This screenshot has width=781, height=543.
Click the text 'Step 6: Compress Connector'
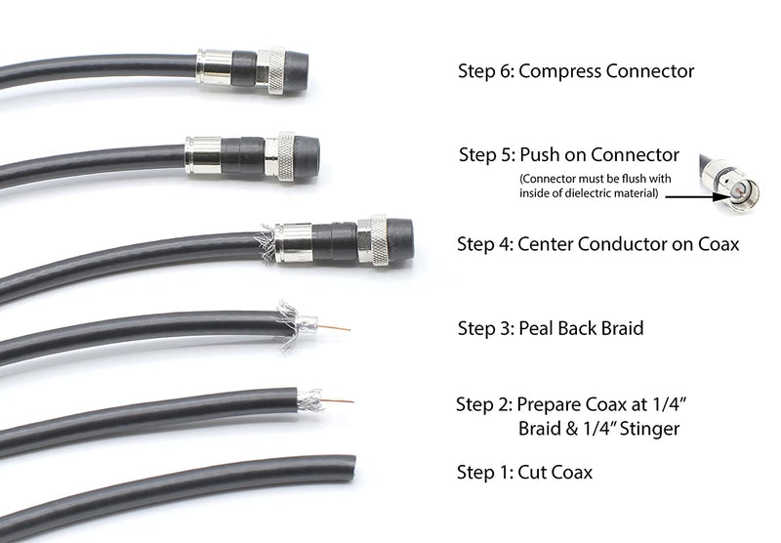click(577, 71)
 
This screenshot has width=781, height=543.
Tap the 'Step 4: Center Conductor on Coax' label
click(597, 243)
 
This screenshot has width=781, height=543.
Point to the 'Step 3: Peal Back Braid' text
click(550, 328)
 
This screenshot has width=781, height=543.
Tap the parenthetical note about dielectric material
click(597, 187)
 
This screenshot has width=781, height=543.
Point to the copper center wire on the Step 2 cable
click(337, 400)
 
